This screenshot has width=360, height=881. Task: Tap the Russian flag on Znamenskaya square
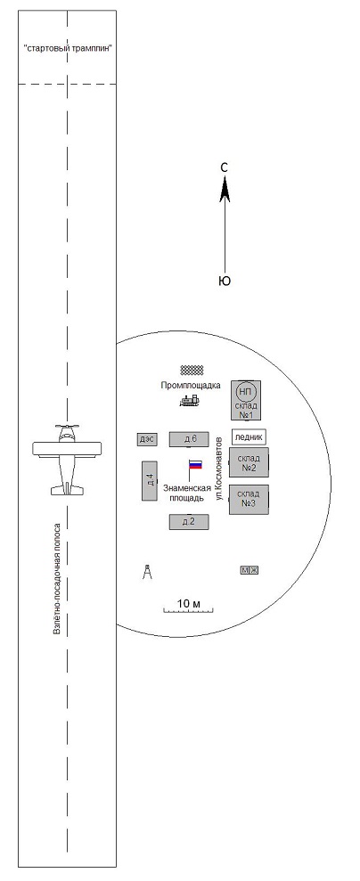(x=195, y=465)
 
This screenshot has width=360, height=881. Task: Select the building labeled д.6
(x=189, y=439)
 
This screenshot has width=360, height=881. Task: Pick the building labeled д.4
(x=149, y=480)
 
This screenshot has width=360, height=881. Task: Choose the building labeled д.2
(x=189, y=522)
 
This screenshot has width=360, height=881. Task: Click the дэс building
(x=146, y=439)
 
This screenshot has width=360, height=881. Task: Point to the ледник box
(x=249, y=437)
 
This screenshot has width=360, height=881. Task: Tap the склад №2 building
(x=249, y=462)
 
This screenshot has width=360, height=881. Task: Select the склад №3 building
(x=249, y=499)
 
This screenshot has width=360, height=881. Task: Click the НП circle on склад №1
(x=246, y=392)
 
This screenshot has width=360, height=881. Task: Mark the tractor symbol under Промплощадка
(x=190, y=401)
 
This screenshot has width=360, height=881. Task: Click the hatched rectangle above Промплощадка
(x=192, y=370)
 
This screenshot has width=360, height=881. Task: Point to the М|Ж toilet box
(x=250, y=571)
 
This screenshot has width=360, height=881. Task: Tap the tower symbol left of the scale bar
(x=147, y=572)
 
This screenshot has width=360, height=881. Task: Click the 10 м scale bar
(x=189, y=609)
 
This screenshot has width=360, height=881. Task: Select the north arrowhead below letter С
(x=225, y=188)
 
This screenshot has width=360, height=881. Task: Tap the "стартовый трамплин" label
(x=68, y=48)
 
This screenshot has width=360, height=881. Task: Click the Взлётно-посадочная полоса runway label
(x=57, y=580)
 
